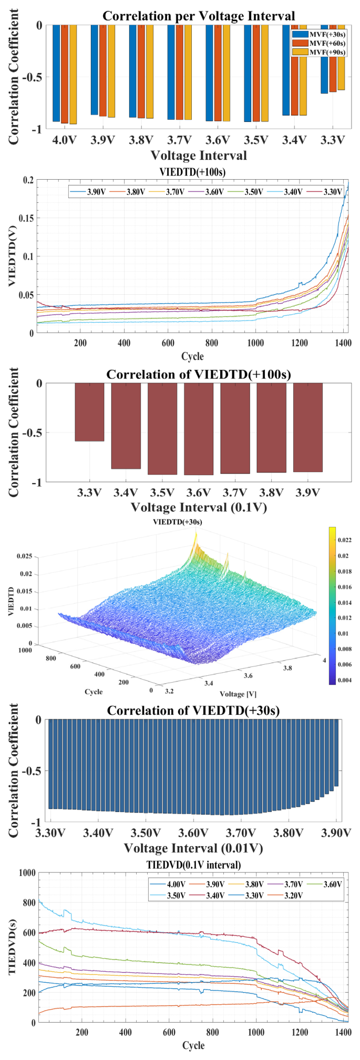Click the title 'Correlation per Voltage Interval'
[x=198, y=16]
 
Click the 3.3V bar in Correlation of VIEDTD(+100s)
[x=89, y=411]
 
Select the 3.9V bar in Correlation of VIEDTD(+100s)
[x=307, y=427]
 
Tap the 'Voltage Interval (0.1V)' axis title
[x=198, y=507]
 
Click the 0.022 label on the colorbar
[x=344, y=540]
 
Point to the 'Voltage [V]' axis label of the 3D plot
[x=238, y=694]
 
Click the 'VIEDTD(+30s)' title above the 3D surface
[x=178, y=522]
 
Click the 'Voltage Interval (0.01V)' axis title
[x=193, y=848]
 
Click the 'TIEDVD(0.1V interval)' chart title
[x=193, y=865]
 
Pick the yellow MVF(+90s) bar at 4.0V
[x=73, y=74]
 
